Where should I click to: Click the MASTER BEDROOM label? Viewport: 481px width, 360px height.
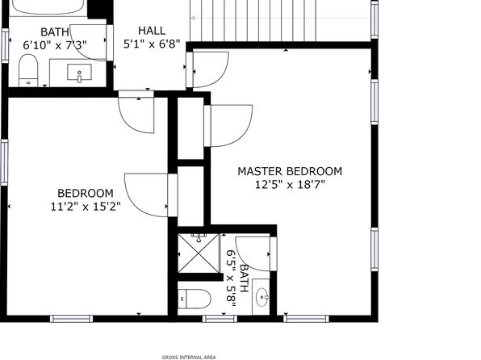coord(290,171)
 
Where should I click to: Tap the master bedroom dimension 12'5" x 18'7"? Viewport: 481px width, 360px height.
coord(290,185)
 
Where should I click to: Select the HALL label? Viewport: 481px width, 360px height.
coord(152,31)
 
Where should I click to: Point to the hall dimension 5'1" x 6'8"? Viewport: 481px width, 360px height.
coord(152,44)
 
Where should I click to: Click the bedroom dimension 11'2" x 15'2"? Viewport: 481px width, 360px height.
coord(86,207)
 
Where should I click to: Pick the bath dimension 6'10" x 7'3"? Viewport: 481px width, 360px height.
coord(55,45)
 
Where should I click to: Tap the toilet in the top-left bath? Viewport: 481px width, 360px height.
coord(28,70)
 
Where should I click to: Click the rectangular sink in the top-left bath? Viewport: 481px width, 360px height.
coord(79,73)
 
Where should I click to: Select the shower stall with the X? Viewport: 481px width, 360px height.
coord(199,253)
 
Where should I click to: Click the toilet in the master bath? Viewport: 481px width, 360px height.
coord(194,299)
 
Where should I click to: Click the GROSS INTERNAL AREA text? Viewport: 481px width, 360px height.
coord(189,358)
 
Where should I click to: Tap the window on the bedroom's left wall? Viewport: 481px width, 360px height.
coord(4,162)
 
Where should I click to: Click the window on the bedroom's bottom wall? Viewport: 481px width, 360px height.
coord(72,319)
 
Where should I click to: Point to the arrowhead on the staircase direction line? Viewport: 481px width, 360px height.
coord(193,18)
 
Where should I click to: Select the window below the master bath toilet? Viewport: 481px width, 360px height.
coord(220,319)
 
